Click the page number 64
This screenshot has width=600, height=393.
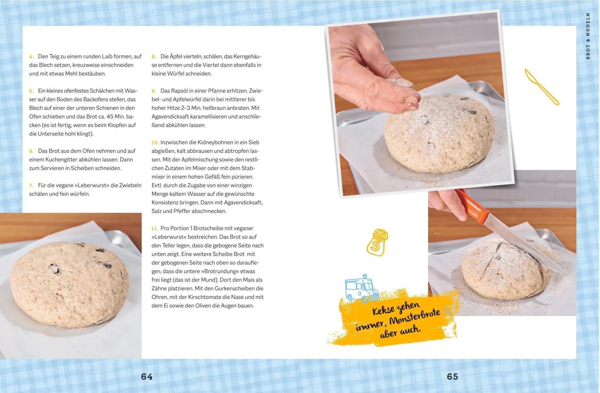[x=147, y=376]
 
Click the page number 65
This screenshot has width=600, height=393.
[x=452, y=376]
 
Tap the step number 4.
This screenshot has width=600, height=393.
[x=31, y=56]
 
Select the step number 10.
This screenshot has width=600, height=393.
[x=155, y=142]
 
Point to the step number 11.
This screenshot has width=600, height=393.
[x=155, y=228]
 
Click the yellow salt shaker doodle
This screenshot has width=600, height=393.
[x=377, y=242]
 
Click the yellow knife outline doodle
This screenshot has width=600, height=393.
[x=541, y=87]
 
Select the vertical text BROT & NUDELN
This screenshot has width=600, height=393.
[x=588, y=36]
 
